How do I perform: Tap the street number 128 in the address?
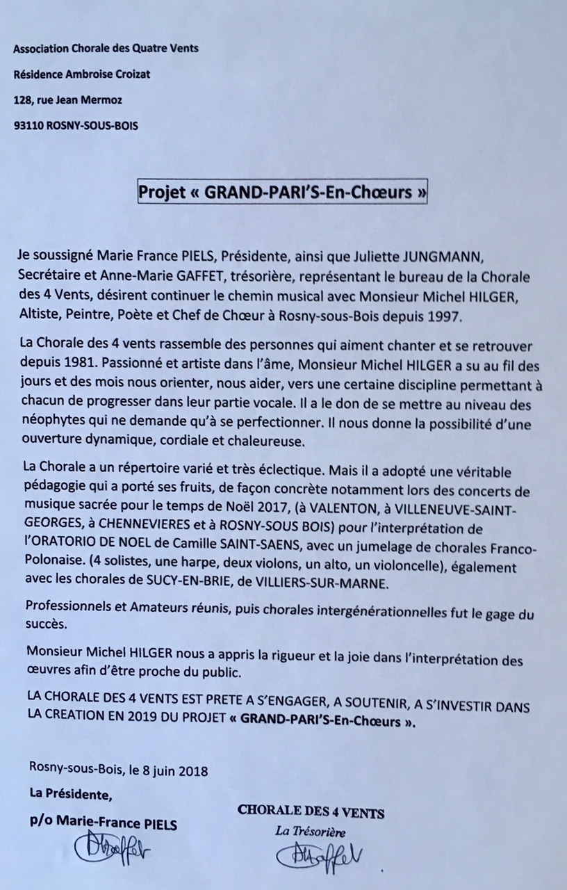(x=22, y=100)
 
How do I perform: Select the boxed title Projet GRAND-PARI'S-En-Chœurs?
(x=282, y=193)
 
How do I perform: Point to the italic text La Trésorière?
(x=310, y=832)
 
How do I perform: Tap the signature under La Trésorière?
(x=319, y=855)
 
